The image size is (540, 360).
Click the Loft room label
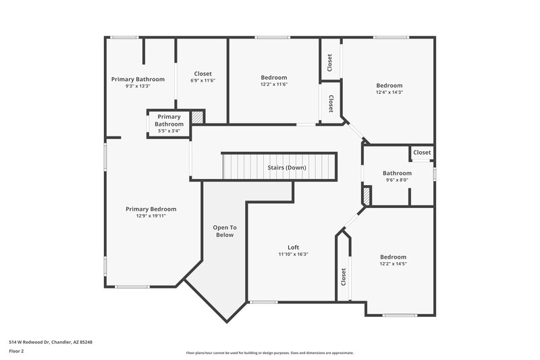pos(293,247)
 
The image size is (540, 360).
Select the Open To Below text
pos(224,231)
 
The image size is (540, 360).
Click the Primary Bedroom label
pos(151,209)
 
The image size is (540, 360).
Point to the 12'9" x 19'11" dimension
pos(151,216)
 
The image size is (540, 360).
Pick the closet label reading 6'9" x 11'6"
pos(202,81)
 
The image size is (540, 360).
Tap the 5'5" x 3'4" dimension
pos(169,132)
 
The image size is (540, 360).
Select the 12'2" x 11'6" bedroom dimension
pos(274,84)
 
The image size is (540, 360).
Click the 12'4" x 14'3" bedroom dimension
pos(389,93)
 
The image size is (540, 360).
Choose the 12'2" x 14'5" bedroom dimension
pos(393,264)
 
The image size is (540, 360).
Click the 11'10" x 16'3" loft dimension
pos(293,255)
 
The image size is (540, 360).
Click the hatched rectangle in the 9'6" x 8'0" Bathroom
pos(367,197)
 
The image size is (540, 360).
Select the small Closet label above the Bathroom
pos(422,153)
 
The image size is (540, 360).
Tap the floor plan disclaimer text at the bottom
pos(269,353)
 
